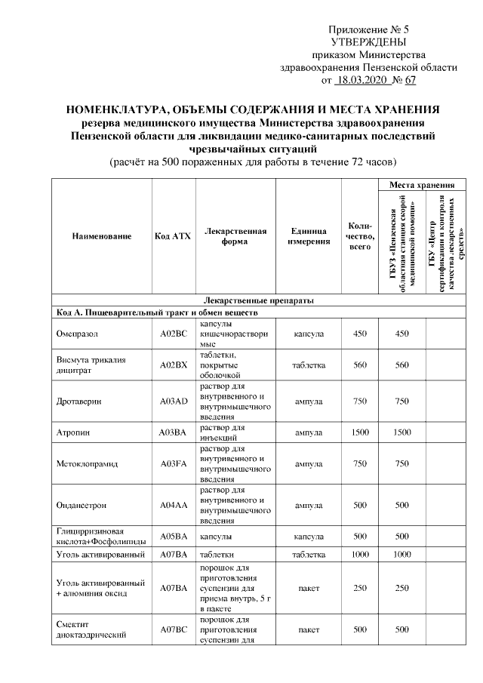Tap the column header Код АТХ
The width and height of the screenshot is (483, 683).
tap(172, 236)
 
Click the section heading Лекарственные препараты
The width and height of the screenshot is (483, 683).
tap(253, 300)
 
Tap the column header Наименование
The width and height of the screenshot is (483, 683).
tap(102, 236)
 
